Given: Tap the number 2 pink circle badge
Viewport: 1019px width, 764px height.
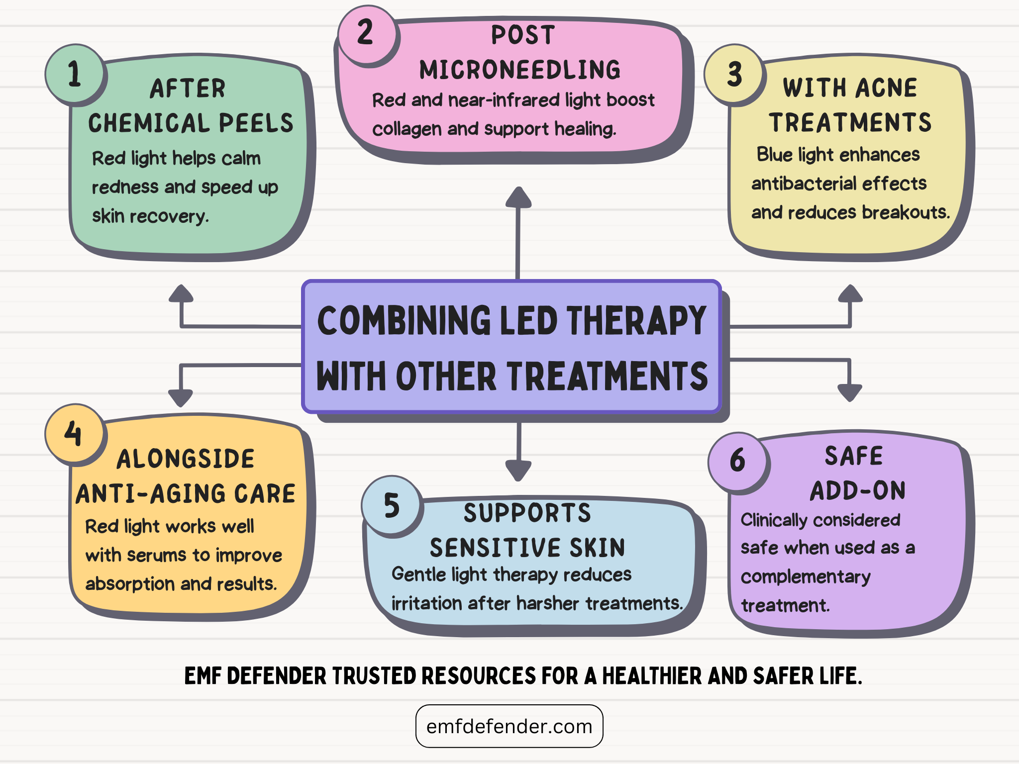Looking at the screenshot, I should point(367,34).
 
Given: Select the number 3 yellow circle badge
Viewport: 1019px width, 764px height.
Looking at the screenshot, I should point(733,75).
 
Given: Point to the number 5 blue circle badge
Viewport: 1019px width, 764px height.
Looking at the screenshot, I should point(392,505).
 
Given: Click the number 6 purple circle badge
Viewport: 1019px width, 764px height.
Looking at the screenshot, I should point(737,461).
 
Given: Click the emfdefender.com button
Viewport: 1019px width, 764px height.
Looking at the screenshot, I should point(509,726).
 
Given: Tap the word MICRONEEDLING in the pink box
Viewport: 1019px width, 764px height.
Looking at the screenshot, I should point(520,70).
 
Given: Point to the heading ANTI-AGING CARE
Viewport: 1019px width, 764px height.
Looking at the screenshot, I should point(186,494).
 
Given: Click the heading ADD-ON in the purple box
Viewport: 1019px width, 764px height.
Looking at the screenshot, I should point(858,491).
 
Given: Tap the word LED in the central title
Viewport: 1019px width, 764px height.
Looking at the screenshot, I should point(528,321).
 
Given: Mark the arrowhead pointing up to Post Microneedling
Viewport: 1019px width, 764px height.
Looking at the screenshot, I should point(518,197).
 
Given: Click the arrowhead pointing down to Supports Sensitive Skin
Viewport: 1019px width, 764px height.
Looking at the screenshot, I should point(518,470).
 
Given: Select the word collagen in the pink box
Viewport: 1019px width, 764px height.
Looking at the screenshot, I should point(407,129).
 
